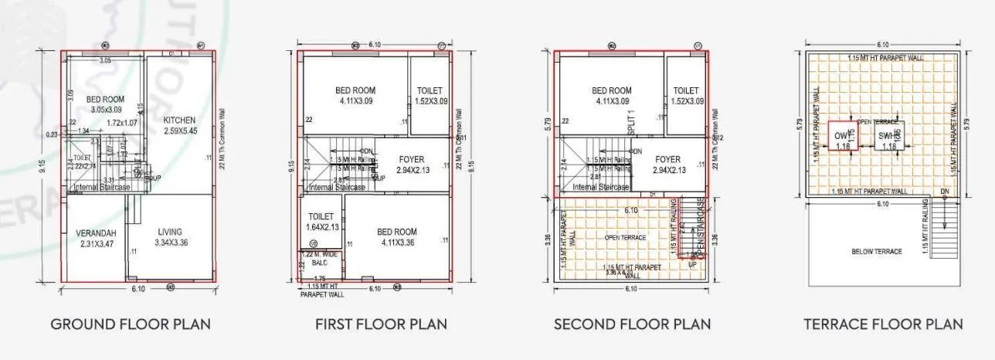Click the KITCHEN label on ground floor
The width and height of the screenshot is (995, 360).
[x=179, y=121]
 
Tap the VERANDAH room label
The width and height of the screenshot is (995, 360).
[x=96, y=233]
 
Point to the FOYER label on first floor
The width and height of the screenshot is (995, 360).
[x=412, y=160]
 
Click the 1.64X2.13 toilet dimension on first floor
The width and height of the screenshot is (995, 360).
[x=321, y=227]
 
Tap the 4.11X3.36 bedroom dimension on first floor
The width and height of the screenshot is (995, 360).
[x=397, y=243]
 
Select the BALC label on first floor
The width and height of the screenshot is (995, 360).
[x=320, y=263]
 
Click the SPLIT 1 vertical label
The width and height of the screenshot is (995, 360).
[x=631, y=124]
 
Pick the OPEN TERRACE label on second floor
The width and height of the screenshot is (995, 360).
[x=625, y=237]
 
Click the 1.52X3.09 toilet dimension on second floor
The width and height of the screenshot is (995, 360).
[x=687, y=101]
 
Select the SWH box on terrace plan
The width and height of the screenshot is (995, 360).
[x=888, y=140]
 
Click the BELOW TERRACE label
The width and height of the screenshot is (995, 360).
[x=876, y=252]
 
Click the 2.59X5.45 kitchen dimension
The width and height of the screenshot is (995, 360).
[x=179, y=131]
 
